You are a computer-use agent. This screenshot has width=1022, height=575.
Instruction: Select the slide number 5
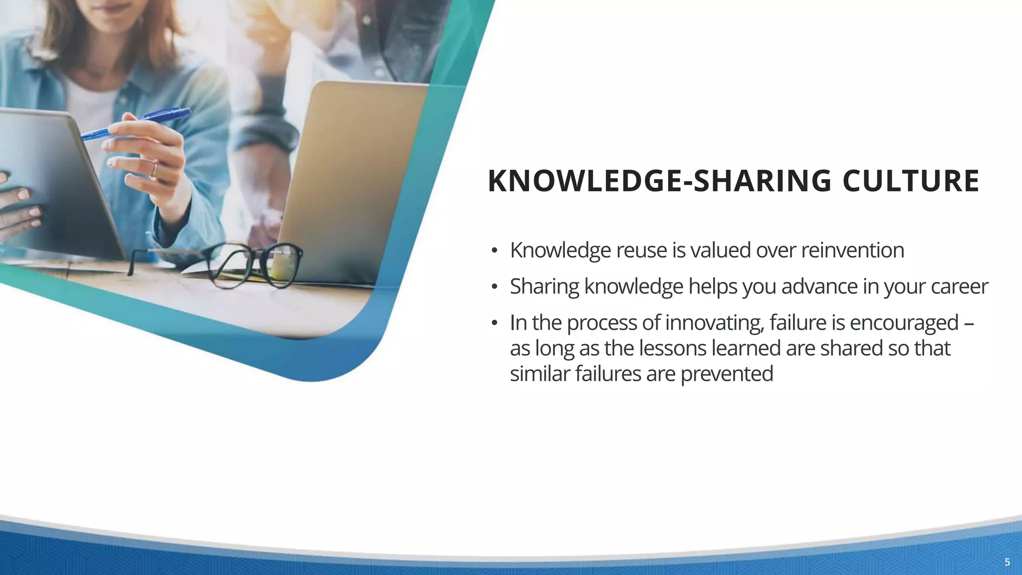pos(1007,563)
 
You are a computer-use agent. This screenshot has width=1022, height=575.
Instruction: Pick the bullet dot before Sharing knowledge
pos(494,287)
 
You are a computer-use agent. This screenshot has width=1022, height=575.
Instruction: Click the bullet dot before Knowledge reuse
pos(494,251)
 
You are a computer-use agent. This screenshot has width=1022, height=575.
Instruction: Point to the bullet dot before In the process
pos(494,323)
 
